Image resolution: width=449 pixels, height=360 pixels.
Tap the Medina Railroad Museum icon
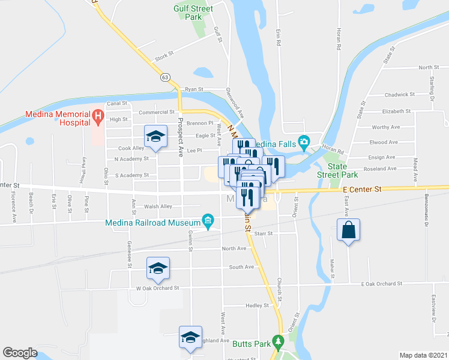208,221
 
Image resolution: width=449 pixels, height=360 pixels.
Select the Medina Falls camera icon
304,142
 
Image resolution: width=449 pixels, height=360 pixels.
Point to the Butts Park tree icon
277,341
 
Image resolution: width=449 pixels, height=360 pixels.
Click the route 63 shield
165,77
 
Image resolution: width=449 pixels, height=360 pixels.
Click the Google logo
20,353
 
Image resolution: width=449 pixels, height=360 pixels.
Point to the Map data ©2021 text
423,355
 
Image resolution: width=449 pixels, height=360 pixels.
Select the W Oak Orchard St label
158,288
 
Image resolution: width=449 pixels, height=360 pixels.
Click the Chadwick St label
400,94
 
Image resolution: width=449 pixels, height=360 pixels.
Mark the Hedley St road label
259,305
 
